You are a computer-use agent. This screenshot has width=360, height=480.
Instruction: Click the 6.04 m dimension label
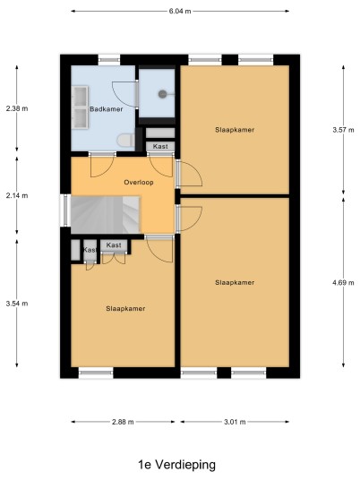(x=180, y=12)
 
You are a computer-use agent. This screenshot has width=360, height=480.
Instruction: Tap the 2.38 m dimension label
(x=17, y=108)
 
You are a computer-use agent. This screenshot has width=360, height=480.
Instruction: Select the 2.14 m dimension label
(x=17, y=195)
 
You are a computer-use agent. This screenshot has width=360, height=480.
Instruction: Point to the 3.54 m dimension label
(x=17, y=304)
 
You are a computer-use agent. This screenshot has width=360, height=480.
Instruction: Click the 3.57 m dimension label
(x=343, y=130)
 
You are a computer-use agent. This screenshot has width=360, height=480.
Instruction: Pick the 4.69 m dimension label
(x=343, y=283)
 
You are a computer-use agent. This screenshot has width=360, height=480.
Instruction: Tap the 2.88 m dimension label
(x=123, y=422)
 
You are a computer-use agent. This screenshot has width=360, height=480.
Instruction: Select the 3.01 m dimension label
(x=235, y=422)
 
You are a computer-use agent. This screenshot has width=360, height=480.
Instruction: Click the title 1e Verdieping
(x=177, y=465)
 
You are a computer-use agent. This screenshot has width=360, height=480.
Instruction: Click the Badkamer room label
(x=107, y=109)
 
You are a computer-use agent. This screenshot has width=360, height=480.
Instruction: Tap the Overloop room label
(x=139, y=183)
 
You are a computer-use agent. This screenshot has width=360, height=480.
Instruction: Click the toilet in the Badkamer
(x=125, y=141)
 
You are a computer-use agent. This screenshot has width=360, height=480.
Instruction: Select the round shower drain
(x=163, y=94)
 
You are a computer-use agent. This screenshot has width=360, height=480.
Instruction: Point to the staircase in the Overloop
(x=106, y=215)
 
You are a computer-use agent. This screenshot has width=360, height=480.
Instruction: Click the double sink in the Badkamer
(x=81, y=107)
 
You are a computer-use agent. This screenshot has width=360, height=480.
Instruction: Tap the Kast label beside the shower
(x=160, y=146)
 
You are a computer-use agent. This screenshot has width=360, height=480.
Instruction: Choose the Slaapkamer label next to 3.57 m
(x=235, y=130)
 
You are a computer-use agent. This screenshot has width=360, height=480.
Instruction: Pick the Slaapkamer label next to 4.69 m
(x=235, y=283)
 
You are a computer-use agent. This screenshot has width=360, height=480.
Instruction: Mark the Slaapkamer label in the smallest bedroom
(x=125, y=309)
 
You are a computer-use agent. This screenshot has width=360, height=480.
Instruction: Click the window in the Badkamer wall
(x=109, y=60)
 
